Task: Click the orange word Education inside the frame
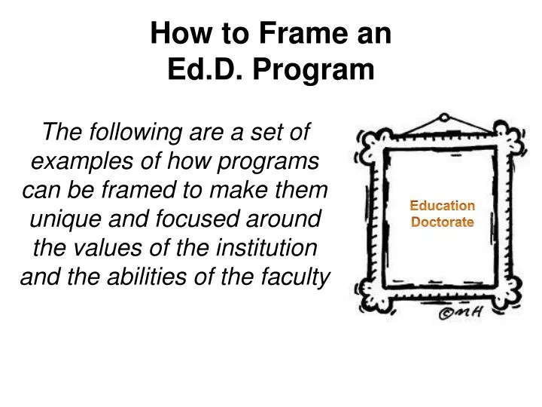442,206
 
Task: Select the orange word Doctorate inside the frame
442,222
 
